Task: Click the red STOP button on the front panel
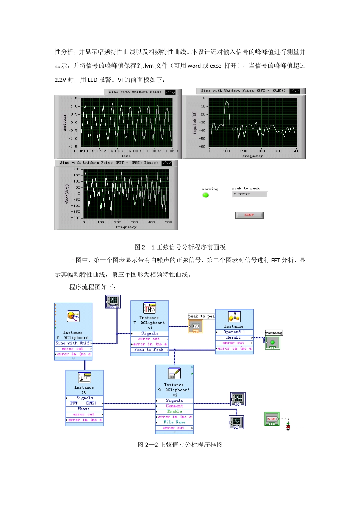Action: (249, 215)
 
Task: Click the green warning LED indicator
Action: (206, 195)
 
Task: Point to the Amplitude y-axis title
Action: (64, 123)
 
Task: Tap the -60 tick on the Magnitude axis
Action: (203, 147)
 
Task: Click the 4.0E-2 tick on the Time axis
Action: (117, 151)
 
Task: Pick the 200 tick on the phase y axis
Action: (77, 169)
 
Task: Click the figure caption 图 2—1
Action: (180, 247)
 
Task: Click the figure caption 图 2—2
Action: (180, 445)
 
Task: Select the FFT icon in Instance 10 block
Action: (85, 378)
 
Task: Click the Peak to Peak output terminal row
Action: (149, 350)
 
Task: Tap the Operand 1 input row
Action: (234, 332)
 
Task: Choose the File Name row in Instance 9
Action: (174, 422)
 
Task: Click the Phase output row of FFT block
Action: (84, 409)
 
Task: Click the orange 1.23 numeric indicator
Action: (196, 326)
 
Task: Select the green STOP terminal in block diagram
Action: (272, 419)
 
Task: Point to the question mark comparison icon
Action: (234, 317)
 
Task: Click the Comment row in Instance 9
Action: (174, 406)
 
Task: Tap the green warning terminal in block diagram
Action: (272, 342)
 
